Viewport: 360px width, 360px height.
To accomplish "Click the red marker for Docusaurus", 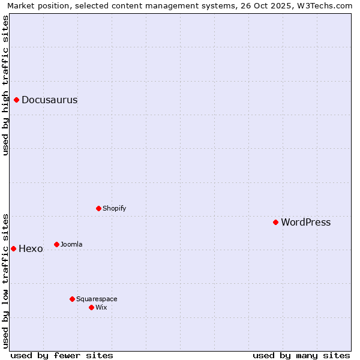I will pos(17,100).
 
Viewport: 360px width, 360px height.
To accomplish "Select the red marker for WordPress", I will pos(276,222).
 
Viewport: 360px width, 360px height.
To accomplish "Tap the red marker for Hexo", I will pos(13,248).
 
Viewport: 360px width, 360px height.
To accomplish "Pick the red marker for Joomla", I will pos(57,244).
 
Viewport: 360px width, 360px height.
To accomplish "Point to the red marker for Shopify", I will pos(99,208).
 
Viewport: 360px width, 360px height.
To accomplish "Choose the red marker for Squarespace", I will pos(73,299).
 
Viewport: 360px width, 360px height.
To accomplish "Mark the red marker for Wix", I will pos(92,307).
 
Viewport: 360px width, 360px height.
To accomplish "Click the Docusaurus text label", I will pos(50,100).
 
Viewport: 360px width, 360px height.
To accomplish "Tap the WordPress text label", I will pos(306,222).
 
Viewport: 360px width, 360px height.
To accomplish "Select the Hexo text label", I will pos(31,248).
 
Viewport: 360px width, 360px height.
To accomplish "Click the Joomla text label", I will pos(71,244).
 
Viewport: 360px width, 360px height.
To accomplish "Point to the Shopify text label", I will pos(115,208).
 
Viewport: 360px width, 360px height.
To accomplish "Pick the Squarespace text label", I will pos(97,299).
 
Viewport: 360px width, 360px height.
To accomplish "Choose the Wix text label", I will pos(101,307).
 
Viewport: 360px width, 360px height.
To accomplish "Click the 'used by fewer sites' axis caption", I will pos(62,355).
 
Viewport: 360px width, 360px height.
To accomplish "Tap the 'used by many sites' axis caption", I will pos(301,355).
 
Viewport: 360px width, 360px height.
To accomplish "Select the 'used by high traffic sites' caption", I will pos(5,85).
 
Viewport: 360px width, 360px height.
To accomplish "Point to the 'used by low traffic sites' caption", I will pos(5,280).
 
